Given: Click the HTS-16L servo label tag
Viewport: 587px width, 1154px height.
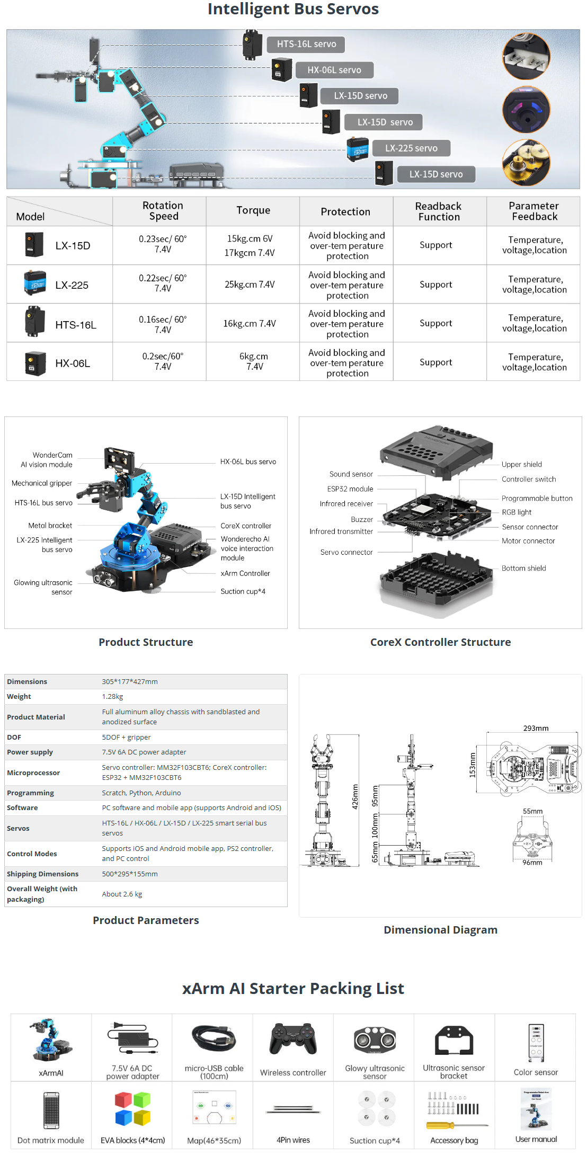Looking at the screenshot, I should coord(306,45).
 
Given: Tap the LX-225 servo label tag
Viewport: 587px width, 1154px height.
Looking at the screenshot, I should coord(411,148).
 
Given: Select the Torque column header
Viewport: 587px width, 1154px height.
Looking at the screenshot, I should coord(253,211).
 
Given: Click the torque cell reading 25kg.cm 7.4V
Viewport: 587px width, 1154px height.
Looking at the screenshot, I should coord(250,285).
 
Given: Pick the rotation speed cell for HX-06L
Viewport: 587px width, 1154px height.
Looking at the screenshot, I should coord(163,361).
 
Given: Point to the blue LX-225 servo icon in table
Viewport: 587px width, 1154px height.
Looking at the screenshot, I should coord(35,283).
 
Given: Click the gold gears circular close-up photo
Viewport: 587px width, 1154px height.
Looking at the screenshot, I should coord(526,163).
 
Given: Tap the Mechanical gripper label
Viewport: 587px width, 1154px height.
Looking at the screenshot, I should coord(42,483).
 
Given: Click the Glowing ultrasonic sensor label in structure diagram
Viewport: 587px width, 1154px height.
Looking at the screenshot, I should coord(43,587).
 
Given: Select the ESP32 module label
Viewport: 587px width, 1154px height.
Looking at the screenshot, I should coord(350,489).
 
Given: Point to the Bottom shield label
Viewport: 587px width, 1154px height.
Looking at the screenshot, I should coord(523,569).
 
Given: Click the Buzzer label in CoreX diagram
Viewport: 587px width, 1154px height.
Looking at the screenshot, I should coord(362,520).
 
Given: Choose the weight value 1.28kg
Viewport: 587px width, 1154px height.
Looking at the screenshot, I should coord(112,697).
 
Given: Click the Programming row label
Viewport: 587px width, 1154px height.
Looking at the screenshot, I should coord(30,793).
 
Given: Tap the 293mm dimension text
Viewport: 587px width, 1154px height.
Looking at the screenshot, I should coord(536,729).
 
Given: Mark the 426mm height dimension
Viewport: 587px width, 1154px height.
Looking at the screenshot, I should coord(355,796).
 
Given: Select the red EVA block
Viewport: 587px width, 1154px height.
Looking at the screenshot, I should coord(123,1100).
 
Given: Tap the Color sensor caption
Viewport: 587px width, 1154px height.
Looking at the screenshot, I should coord(536,1072).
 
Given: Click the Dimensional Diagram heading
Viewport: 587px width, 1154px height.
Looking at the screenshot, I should coord(440,930).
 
